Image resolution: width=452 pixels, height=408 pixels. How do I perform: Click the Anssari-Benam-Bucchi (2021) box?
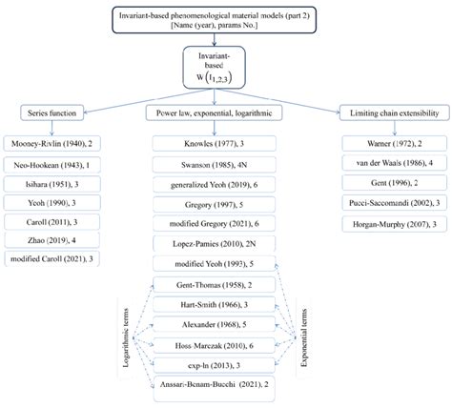(226, 383)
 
